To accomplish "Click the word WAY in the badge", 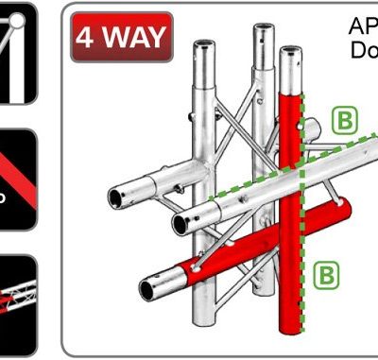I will [x=133, y=39].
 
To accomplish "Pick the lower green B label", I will [x=326, y=274].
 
